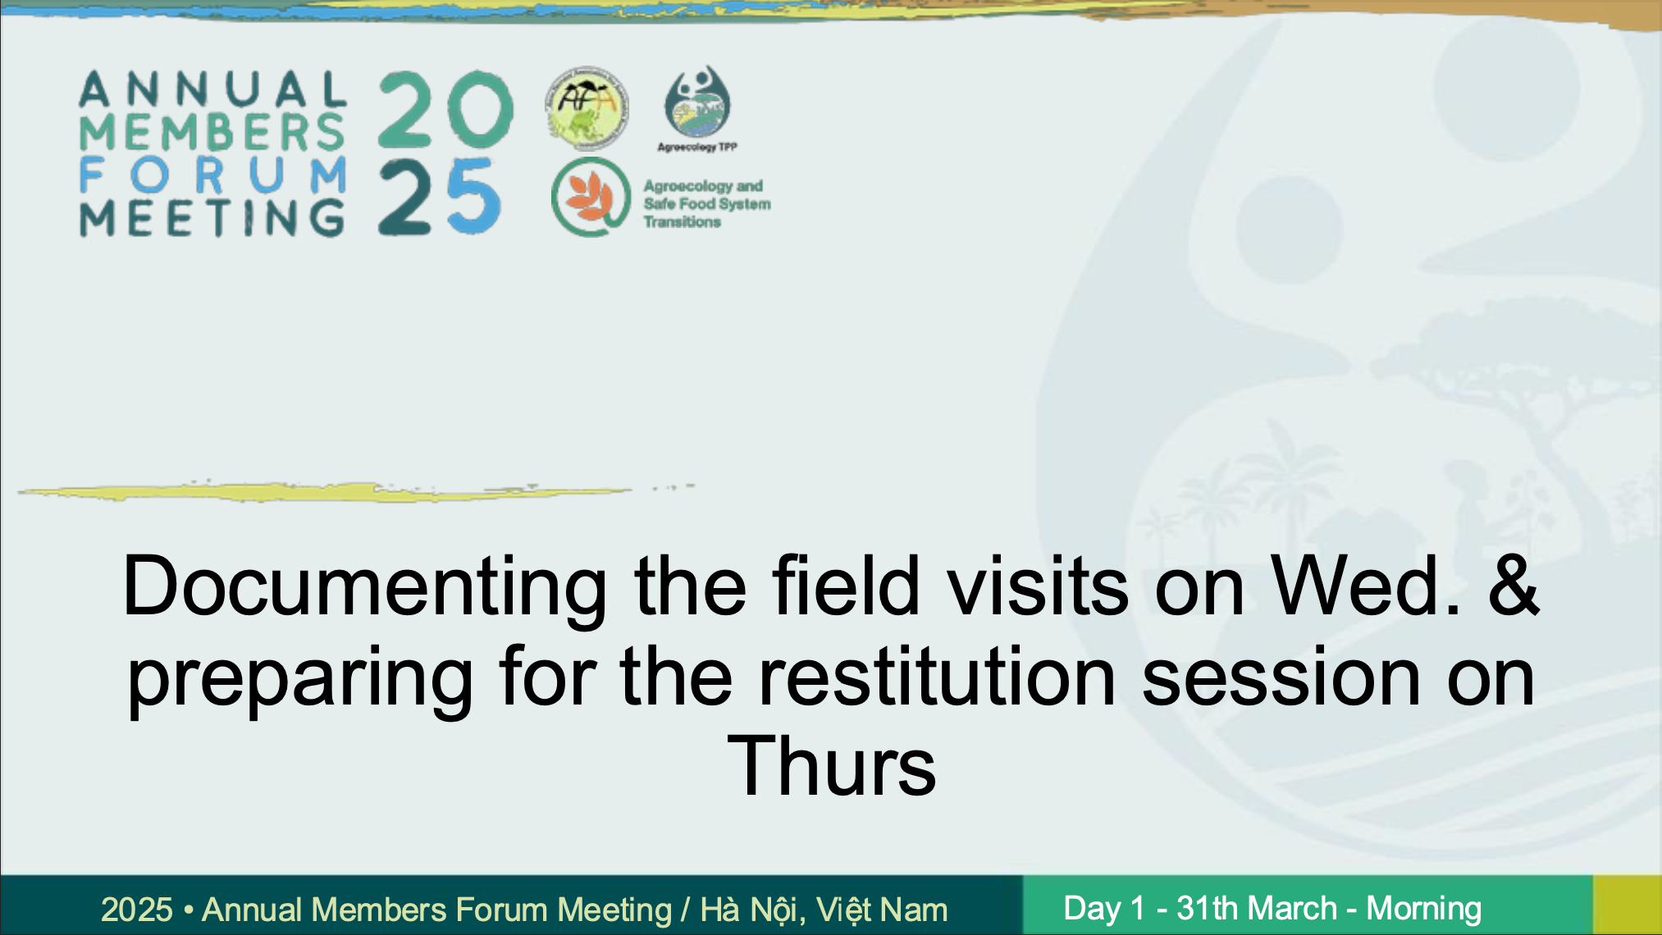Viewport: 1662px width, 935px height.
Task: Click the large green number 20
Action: click(x=446, y=110)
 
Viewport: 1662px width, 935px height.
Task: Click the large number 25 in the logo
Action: click(x=440, y=197)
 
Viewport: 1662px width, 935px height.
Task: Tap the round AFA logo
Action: click(x=586, y=108)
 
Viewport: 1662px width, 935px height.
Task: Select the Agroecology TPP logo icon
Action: click(x=697, y=102)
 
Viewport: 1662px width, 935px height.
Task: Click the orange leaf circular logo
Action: click(x=591, y=198)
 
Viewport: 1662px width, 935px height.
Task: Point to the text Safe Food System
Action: click(x=707, y=203)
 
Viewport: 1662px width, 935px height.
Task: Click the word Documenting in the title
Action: click(x=365, y=587)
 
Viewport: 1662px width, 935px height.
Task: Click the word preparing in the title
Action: click(x=300, y=681)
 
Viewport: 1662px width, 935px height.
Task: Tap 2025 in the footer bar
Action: click(x=137, y=910)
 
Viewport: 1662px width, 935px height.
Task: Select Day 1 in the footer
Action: click(x=1103, y=908)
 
